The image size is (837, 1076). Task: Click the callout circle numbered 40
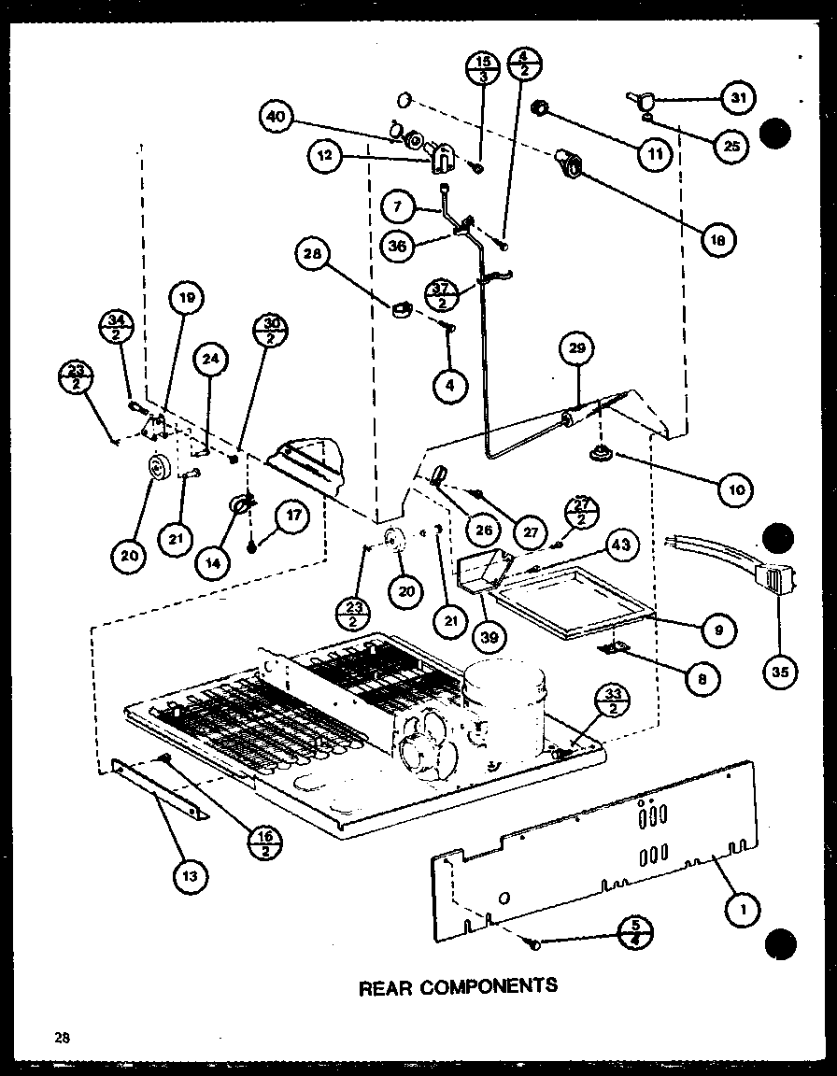tap(277, 118)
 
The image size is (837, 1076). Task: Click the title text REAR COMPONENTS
tap(458, 985)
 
